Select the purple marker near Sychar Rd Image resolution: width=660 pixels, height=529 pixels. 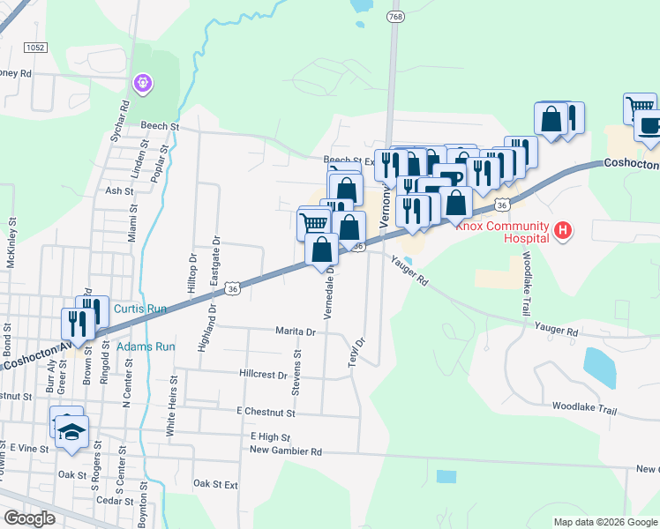tap(142, 84)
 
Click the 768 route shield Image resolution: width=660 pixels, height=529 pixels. tap(394, 16)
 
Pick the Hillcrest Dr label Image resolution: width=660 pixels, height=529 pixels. tap(263, 374)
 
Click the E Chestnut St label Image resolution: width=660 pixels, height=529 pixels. tap(265, 412)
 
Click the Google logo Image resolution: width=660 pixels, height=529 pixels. tap(29, 518)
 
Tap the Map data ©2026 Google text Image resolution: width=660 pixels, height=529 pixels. tap(604, 522)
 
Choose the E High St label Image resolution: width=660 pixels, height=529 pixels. tap(270, 436)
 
